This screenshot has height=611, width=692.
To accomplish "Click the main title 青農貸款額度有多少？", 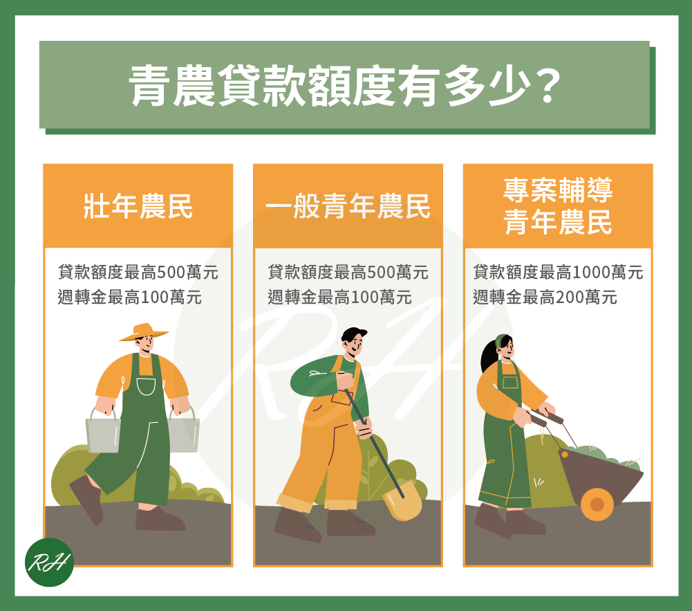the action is click(345, 86).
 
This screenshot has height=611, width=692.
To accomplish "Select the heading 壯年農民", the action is click(138, 206).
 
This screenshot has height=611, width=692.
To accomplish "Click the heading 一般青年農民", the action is click(348, 206).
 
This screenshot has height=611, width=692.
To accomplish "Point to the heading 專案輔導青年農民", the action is click(558, 206).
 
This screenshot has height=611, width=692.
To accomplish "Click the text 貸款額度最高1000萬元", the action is click(558, 272).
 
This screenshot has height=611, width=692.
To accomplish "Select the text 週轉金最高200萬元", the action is click(545, 297).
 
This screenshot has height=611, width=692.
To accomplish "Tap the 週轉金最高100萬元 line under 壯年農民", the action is click(130, 297).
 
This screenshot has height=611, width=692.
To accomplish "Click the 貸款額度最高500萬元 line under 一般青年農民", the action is click(348, 272).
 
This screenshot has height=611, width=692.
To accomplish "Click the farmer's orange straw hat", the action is click(143, 332).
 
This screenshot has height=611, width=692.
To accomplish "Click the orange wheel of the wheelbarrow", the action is click(597, 504).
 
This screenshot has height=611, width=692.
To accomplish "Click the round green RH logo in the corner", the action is click(49, 562).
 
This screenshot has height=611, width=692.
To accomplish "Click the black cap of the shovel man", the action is click(353, 333).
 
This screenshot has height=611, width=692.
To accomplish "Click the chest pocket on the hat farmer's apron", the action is click(146, 386).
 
